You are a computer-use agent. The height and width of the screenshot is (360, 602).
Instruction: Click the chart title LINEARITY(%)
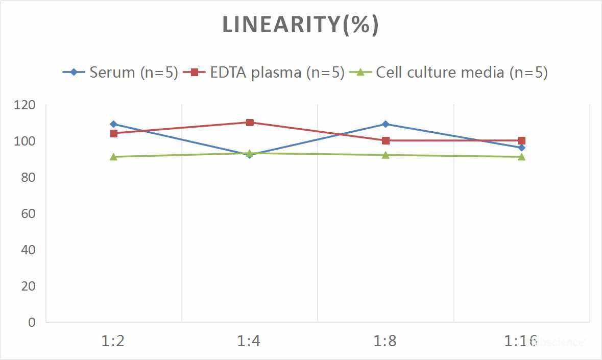point(300,25)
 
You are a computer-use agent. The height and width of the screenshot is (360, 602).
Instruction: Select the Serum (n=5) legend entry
point(121,72)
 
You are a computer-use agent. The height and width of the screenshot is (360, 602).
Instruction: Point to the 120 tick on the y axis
point(25,105)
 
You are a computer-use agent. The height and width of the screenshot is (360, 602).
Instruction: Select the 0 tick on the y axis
point(32,322)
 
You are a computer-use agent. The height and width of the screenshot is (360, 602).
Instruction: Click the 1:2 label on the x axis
point(113,341)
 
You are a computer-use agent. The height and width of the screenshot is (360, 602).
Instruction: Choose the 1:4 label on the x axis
point(249,341)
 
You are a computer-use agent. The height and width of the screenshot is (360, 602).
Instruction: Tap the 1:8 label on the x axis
point(386,341)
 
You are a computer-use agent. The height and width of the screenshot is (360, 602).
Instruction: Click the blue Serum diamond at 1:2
point(113,124)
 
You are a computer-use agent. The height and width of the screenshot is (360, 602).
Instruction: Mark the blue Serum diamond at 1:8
point(386,124)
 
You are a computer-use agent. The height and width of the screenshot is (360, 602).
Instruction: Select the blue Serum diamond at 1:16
point(521,148)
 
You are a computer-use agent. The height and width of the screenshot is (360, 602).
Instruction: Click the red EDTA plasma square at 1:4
point(250,123)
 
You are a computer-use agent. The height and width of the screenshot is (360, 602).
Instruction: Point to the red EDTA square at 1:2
point(113,133)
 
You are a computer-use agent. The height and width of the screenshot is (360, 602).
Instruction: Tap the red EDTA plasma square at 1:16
point(521,140)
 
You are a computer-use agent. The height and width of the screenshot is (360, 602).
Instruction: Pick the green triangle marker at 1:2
point(113,157)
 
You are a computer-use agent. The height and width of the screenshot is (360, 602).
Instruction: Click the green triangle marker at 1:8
point(386,155)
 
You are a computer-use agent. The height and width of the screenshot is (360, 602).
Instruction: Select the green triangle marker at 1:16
point(521,157)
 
